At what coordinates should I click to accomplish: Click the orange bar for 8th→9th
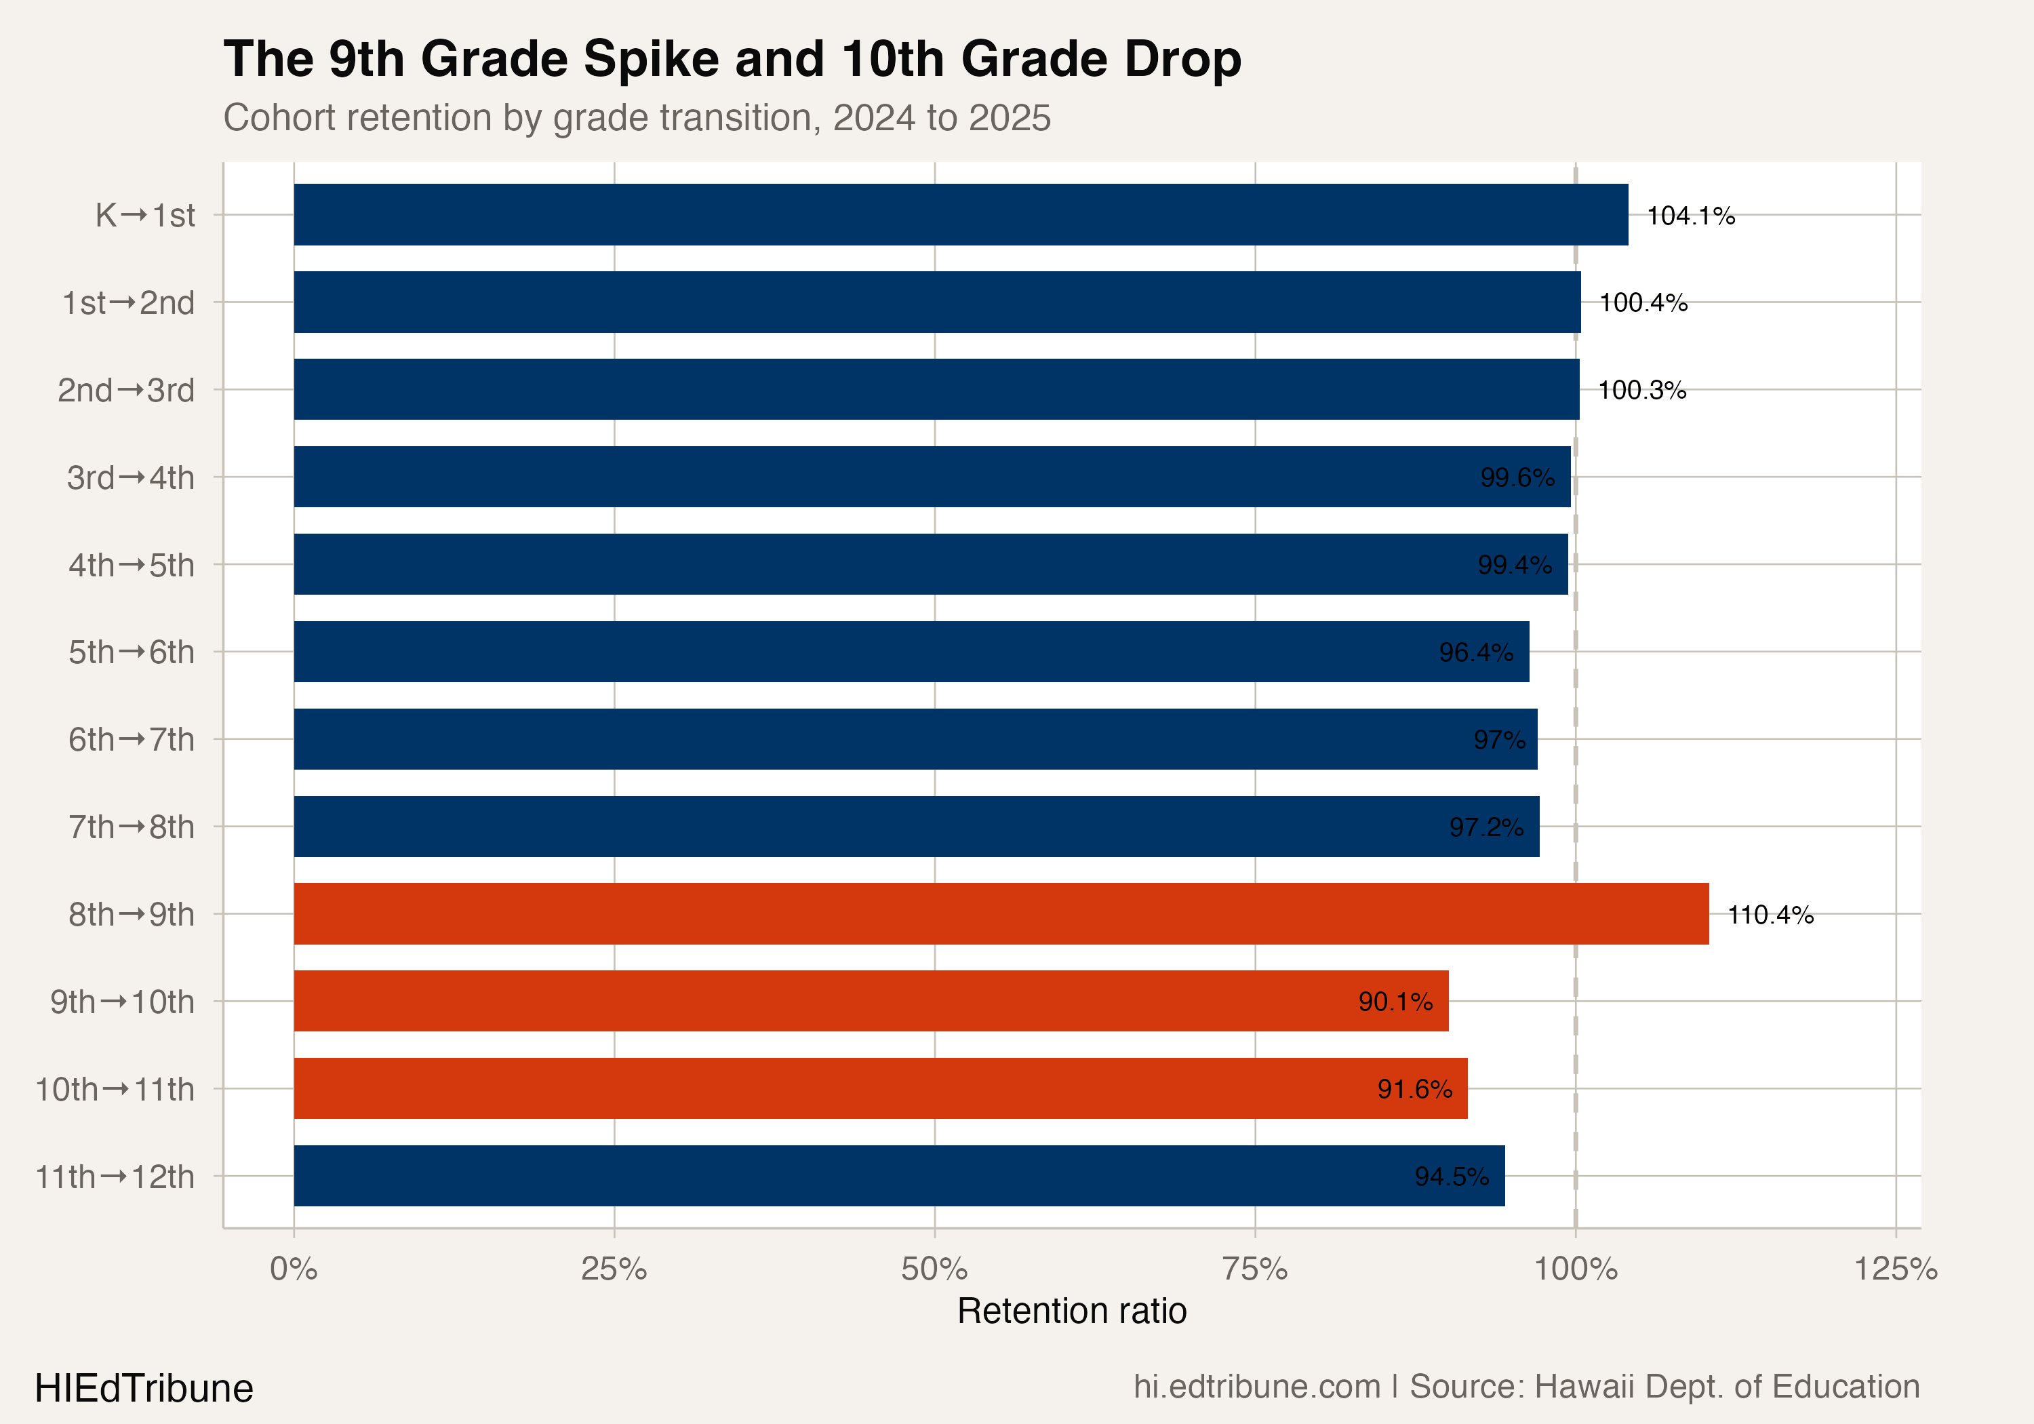click(x=1001, y=913)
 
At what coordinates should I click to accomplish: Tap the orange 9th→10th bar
click(x=871, y=1002)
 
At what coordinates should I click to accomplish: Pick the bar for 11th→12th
click(x=899, y=1176)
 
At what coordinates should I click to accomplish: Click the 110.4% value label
click(x=1770, y=915)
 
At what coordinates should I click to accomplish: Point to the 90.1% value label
click(x=1395, y=1002)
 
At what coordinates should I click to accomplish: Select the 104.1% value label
click(x=1690, y=216)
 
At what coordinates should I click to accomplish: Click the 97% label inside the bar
click(x=1499, y=739)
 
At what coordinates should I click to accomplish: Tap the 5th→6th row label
click(x=131, y=652)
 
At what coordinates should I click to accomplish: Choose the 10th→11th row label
click(x=115, y=1089)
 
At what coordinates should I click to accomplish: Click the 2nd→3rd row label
click(x=126, y=390)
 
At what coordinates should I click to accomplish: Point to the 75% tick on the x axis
click(x=1254, y=1269)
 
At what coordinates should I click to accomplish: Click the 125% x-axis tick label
click(x=1896, y=1269)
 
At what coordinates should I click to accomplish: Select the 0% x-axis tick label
click(x=293, y=1269)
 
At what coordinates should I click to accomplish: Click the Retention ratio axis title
click(x=1071, y=1311)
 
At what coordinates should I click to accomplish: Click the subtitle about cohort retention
click(x=636, y=118)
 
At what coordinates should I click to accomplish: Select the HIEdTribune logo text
click(x=144, y=1387)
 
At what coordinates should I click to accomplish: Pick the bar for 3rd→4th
click(x=932, y=477)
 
